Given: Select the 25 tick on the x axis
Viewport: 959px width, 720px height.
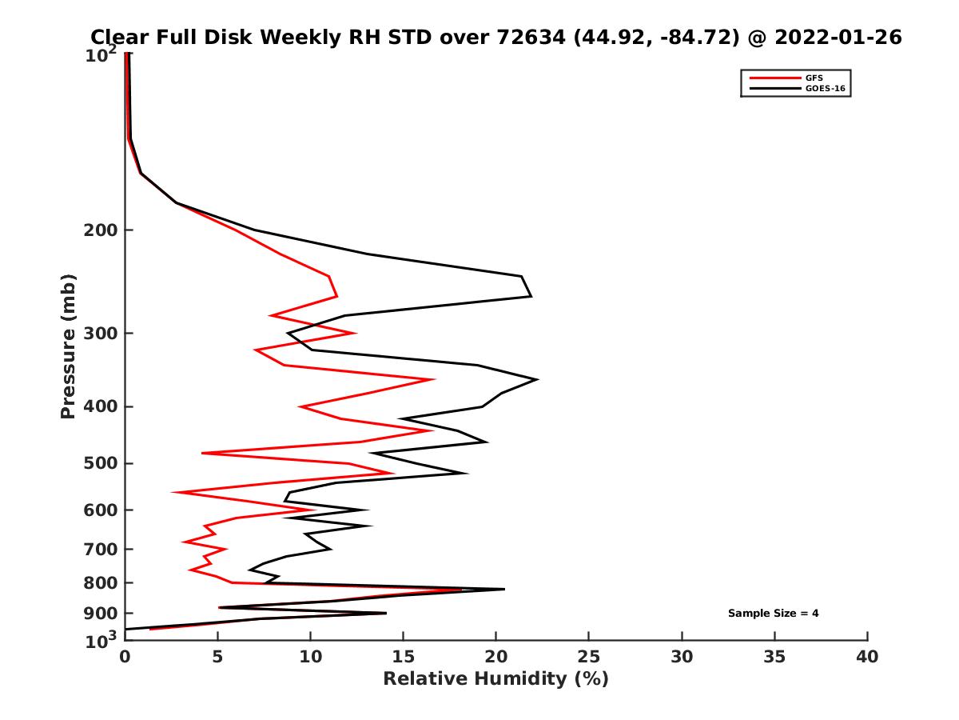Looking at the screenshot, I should tap(589, 657).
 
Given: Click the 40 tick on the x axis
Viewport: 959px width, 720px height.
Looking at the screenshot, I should tap(867, 657).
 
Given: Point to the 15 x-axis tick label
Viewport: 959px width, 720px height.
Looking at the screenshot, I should tap(403, 657).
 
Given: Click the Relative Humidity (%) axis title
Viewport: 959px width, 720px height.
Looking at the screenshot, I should tap(495, 679).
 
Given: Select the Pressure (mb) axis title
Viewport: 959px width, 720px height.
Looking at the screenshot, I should tap(68, 346).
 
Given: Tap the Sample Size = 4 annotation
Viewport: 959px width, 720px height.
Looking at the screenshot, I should tap(773, 614).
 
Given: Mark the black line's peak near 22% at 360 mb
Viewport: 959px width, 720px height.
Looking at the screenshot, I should tap(537, 379).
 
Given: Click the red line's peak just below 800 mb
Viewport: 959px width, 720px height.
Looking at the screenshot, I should tap(461, 590).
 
